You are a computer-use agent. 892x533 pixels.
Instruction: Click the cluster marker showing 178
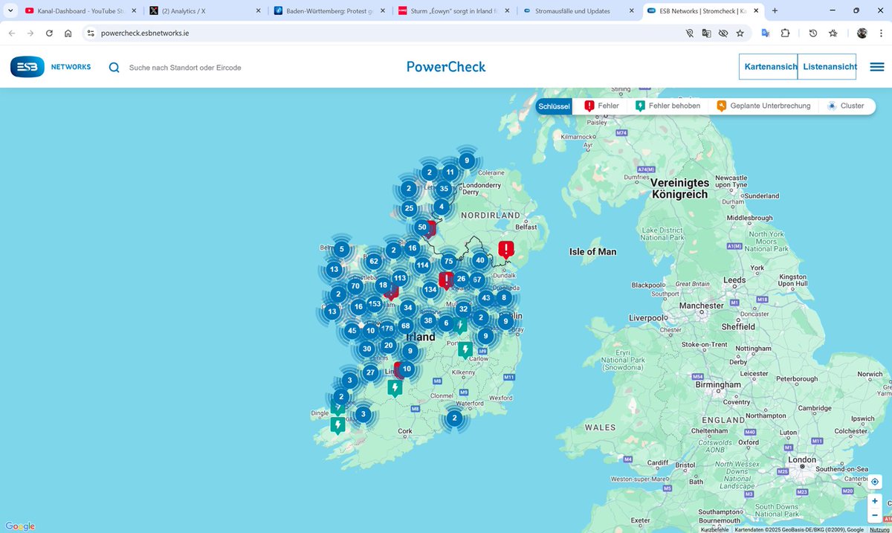click(x=387, y=329)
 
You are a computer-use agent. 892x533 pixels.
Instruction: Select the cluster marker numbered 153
click(x=375, y=304)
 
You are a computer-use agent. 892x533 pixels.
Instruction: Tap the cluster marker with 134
click(x=430, y=290)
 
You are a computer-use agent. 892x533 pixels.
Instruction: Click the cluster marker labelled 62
click(x=374, y=261)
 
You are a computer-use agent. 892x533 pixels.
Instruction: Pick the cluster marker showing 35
click(x=444, y=189)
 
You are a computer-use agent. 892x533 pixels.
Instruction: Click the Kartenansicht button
click(x=769, y=67)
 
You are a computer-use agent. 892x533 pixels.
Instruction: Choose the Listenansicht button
click(x=827, y=67)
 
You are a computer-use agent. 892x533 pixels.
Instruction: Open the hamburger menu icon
click(x=876, y=67)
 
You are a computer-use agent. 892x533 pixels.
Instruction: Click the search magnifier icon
click(x=114, y=68)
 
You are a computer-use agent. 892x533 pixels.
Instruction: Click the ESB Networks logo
click(x=51, y=67)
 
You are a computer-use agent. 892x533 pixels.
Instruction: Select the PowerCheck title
click(x=446, y=67)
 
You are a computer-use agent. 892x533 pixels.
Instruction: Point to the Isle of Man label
click(x=592, y=252)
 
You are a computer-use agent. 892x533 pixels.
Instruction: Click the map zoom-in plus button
click(x=875, y=501)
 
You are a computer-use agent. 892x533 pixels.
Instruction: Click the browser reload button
click(x=49, y=33)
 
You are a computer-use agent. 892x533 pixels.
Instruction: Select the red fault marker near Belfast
click(x=506, y=249)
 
